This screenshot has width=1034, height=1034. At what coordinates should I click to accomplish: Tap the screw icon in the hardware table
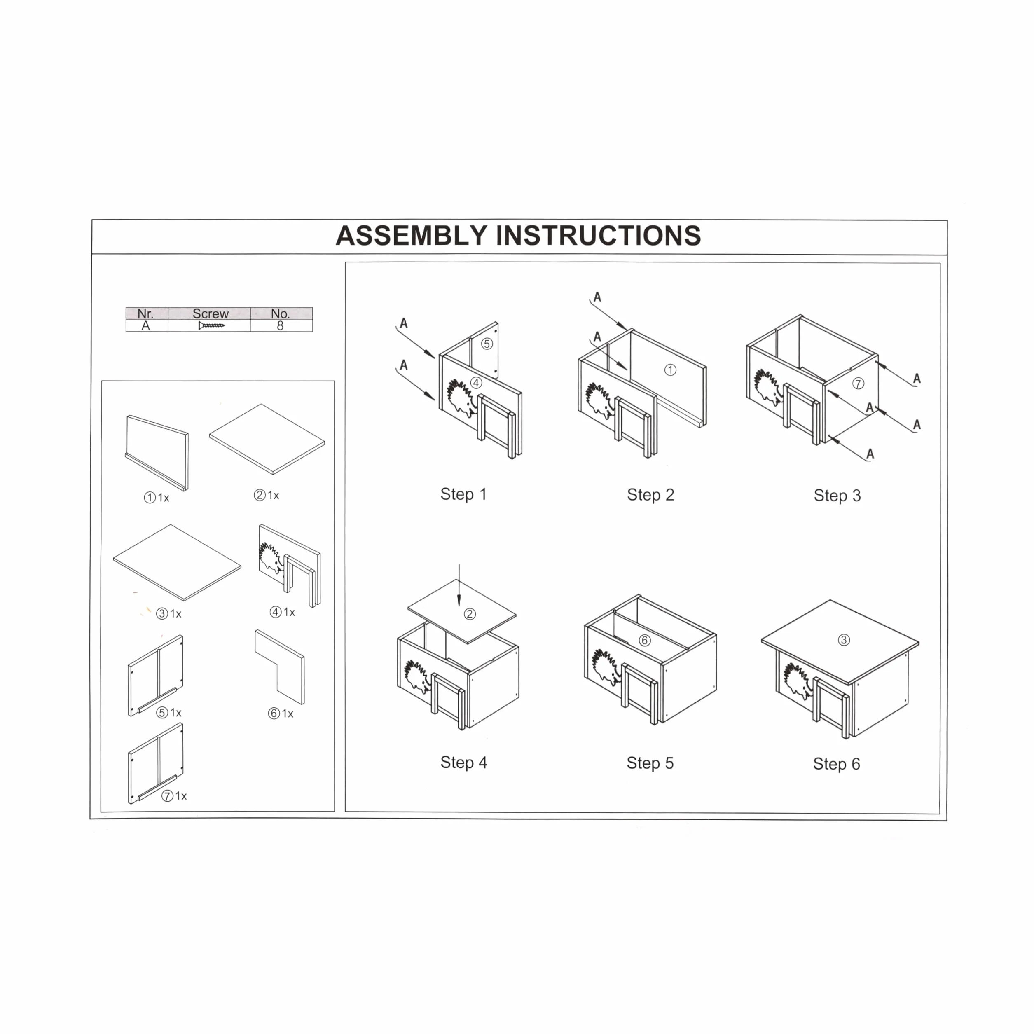211,325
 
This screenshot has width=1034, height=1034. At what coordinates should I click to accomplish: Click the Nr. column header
145,313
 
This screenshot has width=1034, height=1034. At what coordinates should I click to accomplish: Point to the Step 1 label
463,494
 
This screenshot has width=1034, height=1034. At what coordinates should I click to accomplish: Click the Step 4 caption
463,762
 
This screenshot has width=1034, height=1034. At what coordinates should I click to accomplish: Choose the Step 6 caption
837,764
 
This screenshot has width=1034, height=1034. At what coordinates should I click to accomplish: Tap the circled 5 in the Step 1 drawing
487,344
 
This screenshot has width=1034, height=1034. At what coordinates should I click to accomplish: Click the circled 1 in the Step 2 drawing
670,370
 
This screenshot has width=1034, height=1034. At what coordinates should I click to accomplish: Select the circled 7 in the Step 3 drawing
858,383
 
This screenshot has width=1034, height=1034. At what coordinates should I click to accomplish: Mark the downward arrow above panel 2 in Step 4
459,585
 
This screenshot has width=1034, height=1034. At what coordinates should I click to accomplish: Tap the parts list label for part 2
267,495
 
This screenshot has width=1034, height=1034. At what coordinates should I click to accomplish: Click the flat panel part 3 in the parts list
177,562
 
